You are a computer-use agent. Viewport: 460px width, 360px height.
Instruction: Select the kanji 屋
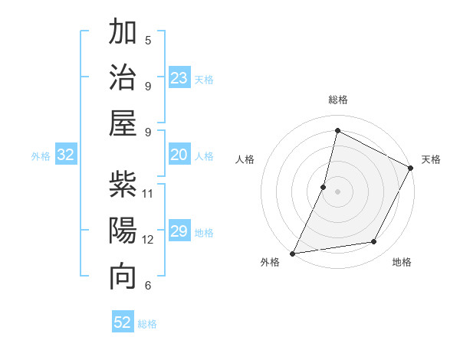click(x=123, y=124)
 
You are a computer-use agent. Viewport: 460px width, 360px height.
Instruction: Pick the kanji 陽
click(x=123, y=231)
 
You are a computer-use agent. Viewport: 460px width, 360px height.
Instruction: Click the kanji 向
click(x=123, y=277)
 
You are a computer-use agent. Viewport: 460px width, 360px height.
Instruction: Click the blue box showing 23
click(x=179, y=78)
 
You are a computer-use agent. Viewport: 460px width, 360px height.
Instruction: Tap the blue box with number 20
click(x=179, y=155)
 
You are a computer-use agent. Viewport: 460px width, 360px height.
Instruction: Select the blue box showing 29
click(x=179, y=232)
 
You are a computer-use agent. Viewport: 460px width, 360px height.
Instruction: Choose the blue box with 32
click(x=66, y=155)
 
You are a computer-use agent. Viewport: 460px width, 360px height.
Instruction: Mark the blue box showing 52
click(x=123, y=322)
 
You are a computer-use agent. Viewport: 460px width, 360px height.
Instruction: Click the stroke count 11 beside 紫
click(x=148, y=193)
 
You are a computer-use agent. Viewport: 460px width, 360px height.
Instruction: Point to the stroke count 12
click(x=148, y=239)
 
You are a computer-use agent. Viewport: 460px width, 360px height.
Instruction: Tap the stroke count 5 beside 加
click(x=148, y=40)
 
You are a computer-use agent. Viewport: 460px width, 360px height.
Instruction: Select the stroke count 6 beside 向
click(x=148, y=285)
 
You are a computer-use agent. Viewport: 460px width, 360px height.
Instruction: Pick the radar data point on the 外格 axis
click(x=293, y=254)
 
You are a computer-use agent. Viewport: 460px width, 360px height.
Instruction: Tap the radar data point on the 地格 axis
click(x=374, y=242)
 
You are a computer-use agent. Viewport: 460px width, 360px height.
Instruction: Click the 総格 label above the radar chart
click(x=338, y=100)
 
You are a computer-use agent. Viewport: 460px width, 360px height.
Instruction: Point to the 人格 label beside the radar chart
click(x=245, y=159)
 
